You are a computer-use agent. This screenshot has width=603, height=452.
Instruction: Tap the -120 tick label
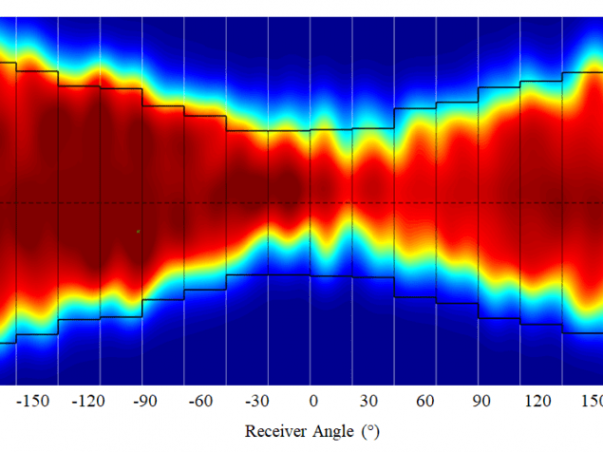coord(89,402)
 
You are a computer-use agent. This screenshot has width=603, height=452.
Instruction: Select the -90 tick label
coord(144,402)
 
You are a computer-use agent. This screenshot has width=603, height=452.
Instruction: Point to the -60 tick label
coord(200,402)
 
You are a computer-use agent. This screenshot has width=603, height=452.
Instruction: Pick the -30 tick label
coord(256,402)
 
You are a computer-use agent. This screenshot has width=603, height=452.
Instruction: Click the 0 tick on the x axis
coord(312,402)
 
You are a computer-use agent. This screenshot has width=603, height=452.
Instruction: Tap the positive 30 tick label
coord(368,402)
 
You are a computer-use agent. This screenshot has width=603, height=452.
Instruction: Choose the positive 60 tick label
coord(424,402)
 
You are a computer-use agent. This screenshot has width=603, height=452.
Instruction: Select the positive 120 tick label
coord(536,402)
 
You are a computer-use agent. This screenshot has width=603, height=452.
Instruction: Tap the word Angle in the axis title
coord(333,432)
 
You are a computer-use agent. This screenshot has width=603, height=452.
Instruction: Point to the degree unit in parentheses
coord(369,431)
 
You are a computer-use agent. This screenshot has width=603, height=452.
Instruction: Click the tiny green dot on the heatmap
coord(138,231)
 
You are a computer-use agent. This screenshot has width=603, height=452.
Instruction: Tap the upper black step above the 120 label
coord(540,81)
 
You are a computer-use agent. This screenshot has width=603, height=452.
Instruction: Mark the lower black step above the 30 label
coord(372,277)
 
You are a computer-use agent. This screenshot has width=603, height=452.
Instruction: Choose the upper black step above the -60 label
coord(204,117)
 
